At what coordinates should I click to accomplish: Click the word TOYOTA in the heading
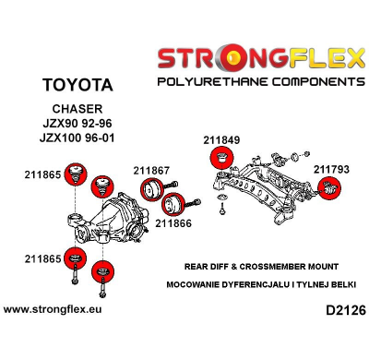point(77,85)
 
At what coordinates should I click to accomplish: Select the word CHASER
point(77,110)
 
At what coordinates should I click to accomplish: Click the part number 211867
point(151,170)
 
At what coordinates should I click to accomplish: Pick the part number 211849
point(221,140)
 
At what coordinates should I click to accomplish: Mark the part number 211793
point(332,170)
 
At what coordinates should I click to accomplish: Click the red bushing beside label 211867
point(148,191)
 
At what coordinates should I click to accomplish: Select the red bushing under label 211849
point(220,158)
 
